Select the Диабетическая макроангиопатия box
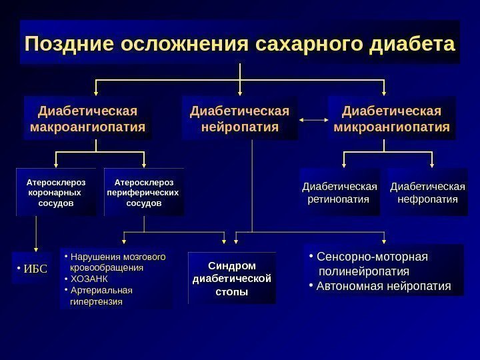(x=87, y=118)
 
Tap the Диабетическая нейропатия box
(x=240, y=118)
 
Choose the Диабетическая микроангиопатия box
(x=391, y=118)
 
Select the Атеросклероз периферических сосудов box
(x=143, y=192)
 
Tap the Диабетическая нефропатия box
(x=427, y=192)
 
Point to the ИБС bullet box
(x=31, y=269)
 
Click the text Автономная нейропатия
(x=383, y=287)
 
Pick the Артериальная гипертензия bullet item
(x=100, y=295)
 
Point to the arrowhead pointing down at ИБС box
(x=35, y=247)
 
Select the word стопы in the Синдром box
(x=232, y=291)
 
